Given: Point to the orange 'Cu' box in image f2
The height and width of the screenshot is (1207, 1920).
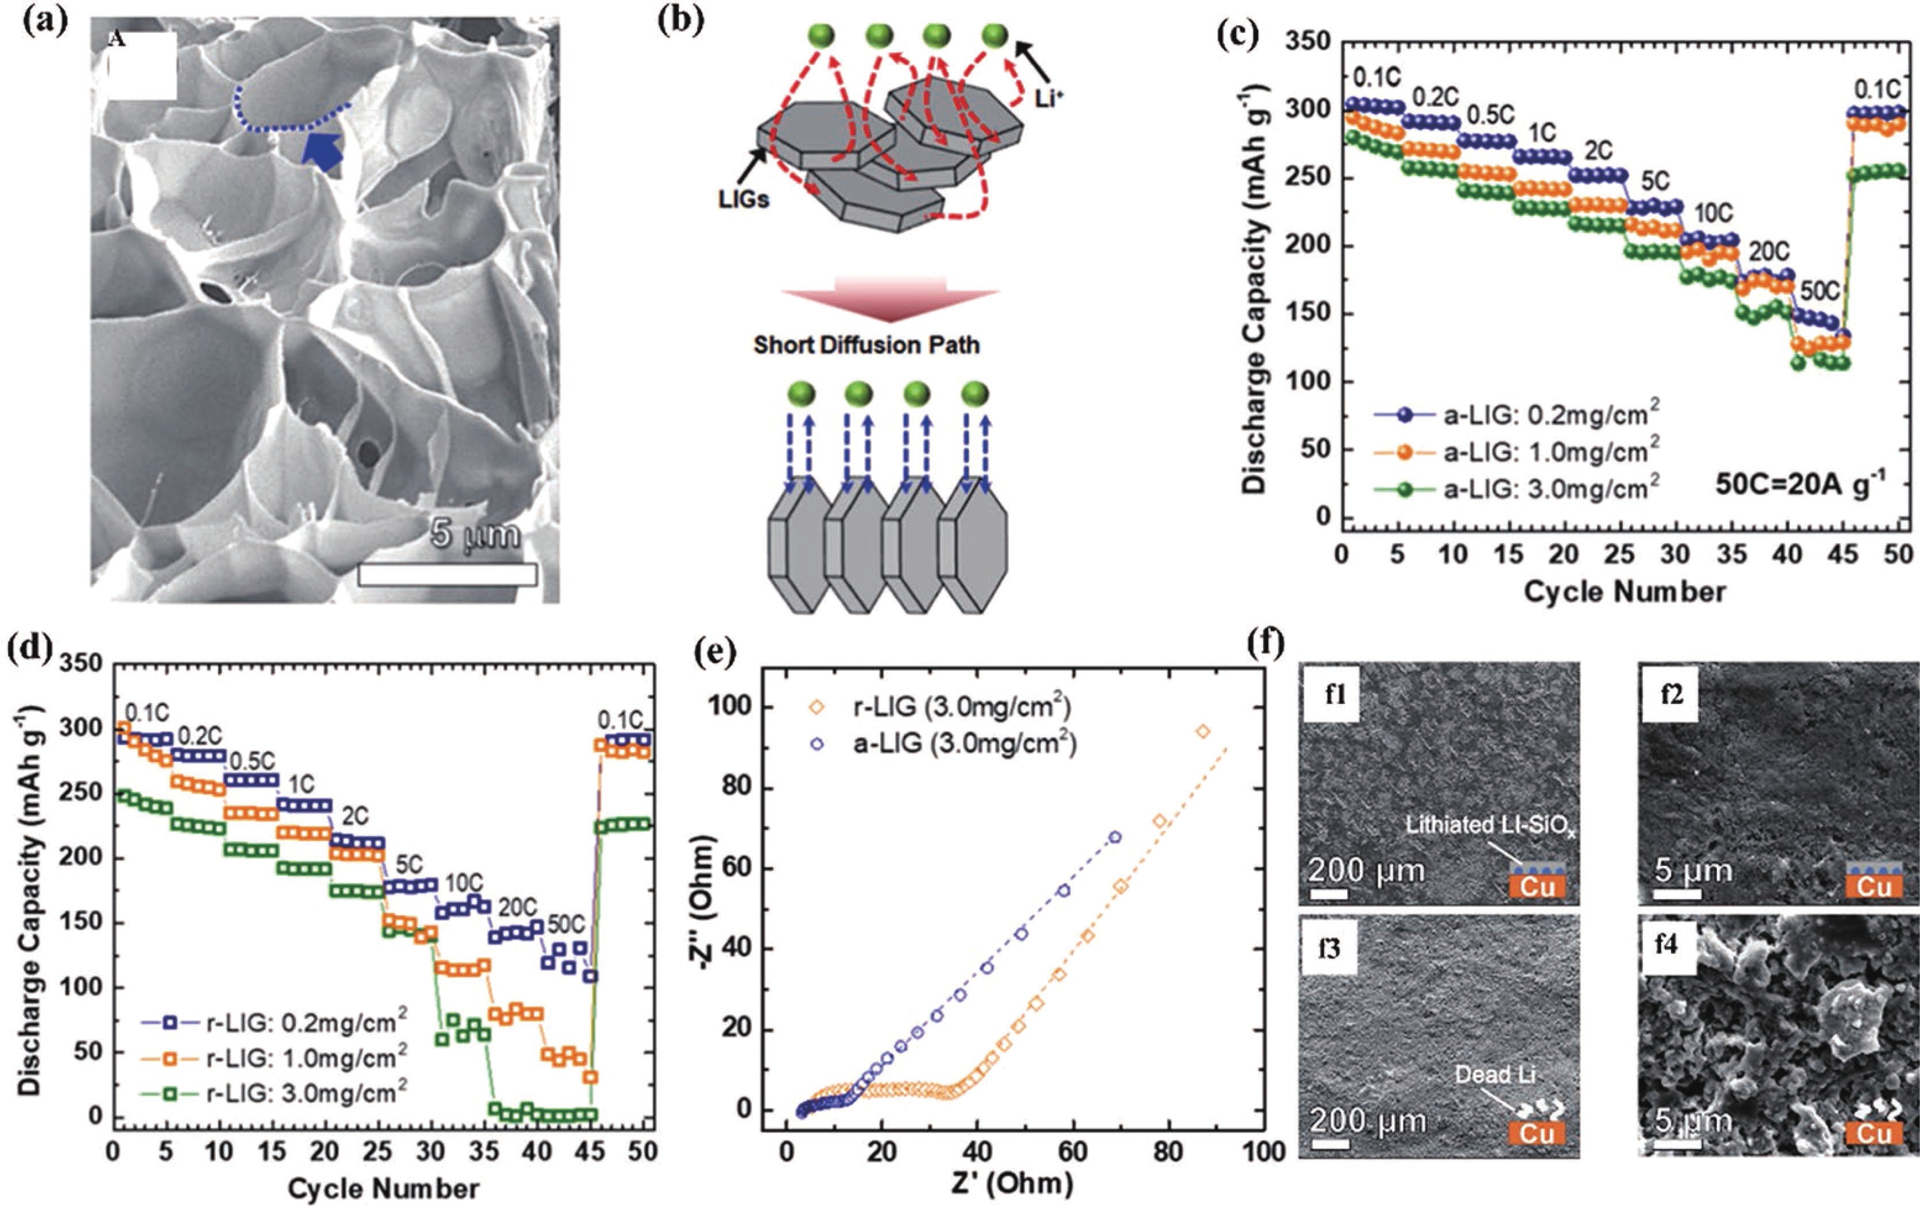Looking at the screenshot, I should click(1873, 887).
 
